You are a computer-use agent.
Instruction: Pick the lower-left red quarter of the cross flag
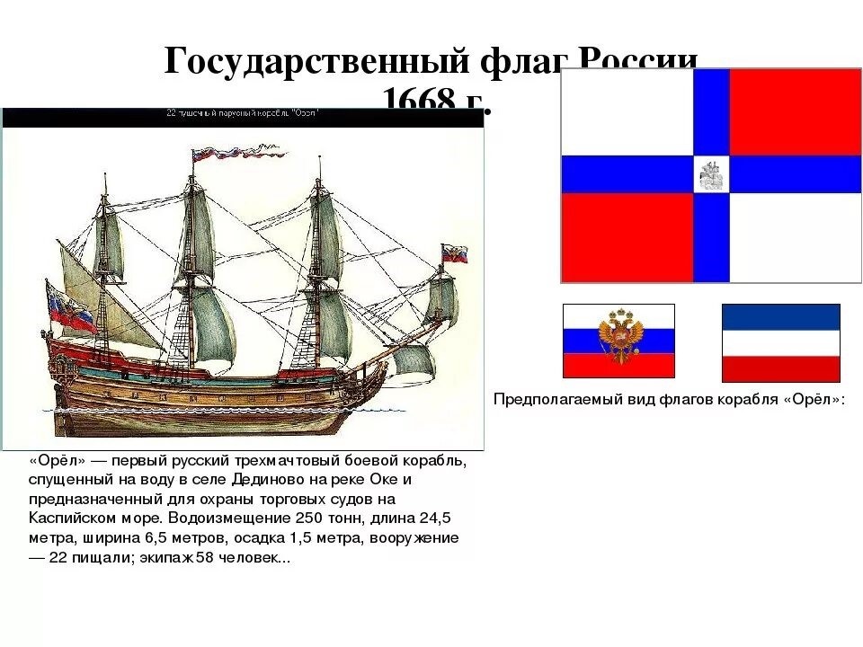(x=627, y=238)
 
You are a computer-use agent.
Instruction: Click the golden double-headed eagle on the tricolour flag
(x=618, y=340)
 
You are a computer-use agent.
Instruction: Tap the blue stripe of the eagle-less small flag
(x=780, y=316)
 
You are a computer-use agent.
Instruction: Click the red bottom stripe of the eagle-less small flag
(x=780, y=369)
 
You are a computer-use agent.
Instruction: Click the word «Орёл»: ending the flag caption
(x=814, y=399)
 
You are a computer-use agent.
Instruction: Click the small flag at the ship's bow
(x=454, y=253)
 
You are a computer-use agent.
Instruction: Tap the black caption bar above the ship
(x=243, y=117)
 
